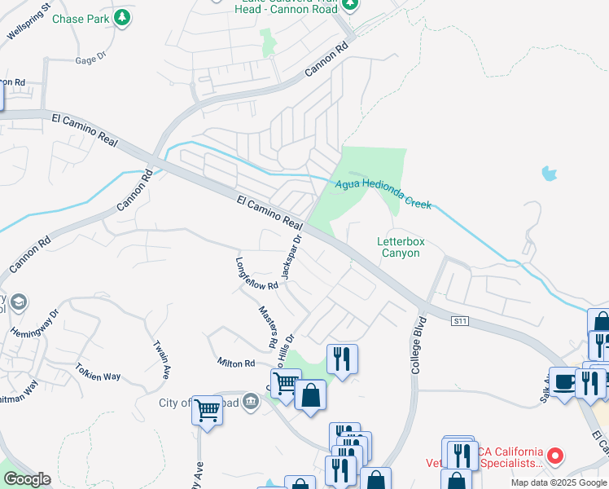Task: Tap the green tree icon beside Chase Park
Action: (x=121, y=17)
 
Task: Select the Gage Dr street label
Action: (x=90, y=59)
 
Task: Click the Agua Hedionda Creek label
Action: (x=383, y=189)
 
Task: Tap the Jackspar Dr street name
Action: (x=291, y=257)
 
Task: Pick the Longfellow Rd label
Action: (x=256, y=274)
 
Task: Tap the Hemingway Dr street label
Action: (x=35, y=324)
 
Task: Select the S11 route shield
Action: (x=460, y=322)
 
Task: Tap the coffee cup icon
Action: (x=563, y=381)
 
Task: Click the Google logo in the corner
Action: (x=26, y=479)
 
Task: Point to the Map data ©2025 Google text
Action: (x=559, y=482)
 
